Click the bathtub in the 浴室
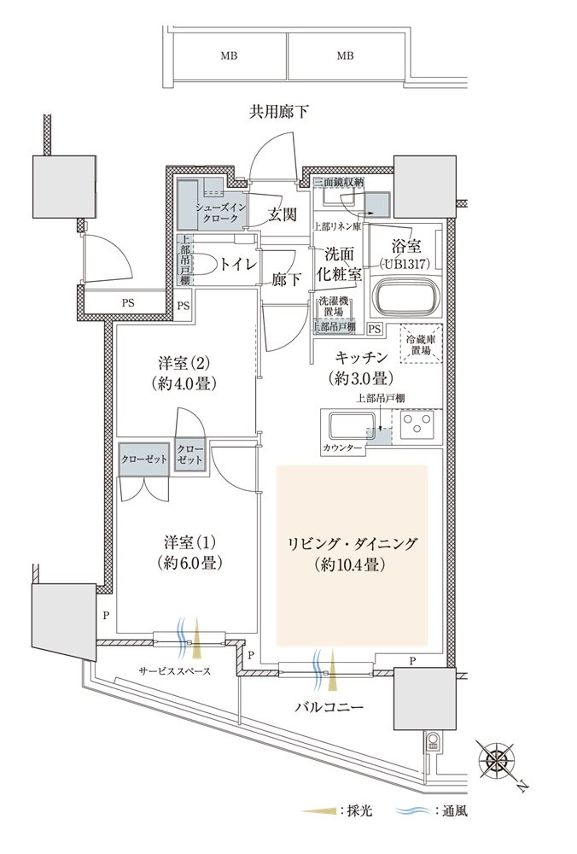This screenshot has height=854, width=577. pos(405,297)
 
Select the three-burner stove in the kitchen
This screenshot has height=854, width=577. pos(418,424)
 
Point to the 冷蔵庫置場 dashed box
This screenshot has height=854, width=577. pos(422,344)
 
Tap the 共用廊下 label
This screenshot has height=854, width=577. pos(279,112)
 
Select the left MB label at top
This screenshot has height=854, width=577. pos(229,56)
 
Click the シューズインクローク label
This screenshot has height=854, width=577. pos(221,213)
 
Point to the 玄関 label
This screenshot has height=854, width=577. pos(282,214)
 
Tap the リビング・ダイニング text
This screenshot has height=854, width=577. pos(353,543)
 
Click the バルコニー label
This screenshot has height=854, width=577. pos(329,707)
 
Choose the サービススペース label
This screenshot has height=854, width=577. pos(175,671)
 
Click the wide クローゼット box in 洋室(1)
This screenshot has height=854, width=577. pos(144,459)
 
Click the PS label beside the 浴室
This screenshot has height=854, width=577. pos(375,329)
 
